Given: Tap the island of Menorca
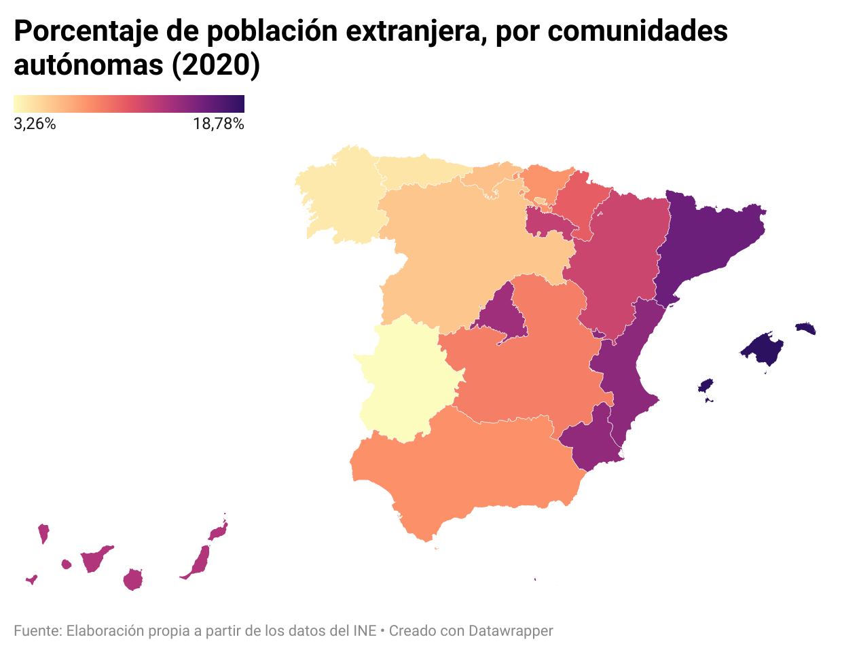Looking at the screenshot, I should tap(805, 329).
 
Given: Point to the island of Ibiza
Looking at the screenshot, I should tap(706, 386).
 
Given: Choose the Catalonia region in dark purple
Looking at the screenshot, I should tap(706, 238).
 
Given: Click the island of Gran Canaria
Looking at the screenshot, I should tap(132, 579).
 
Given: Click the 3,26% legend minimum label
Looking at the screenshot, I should tap(35, 124).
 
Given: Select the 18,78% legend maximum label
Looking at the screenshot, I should tap(218, 124).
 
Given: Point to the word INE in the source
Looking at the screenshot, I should tap(365, 631).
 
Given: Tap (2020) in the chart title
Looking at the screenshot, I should tap(215, 65).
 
